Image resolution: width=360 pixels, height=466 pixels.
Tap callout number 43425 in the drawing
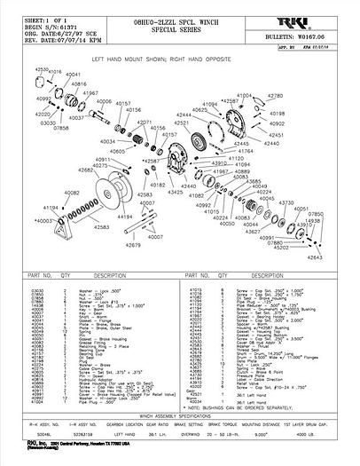(174, 192)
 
